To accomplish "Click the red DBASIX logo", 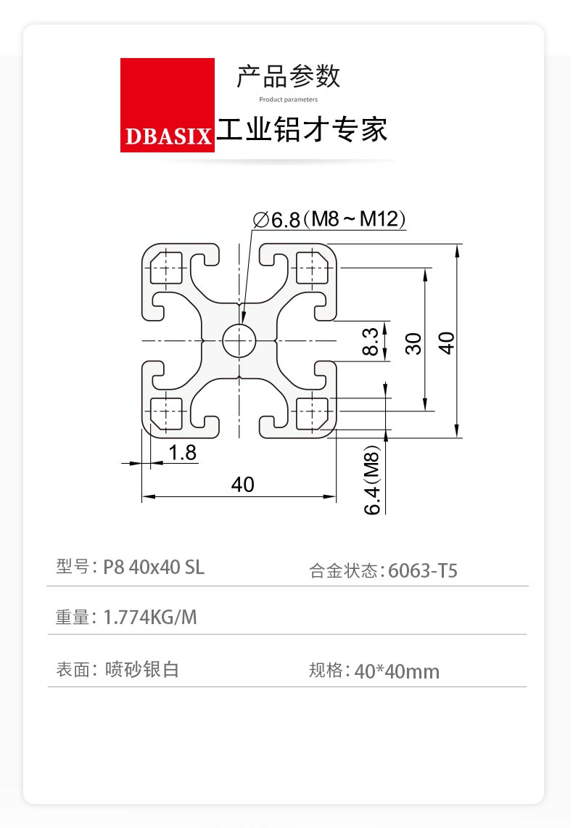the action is point(168,105).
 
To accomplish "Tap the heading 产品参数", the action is point(289,77).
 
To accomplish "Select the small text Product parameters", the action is point(289,99).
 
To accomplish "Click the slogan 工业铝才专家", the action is point(302,130).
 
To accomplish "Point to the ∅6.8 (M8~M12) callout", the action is point(329,218).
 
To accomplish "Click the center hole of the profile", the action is point(239,340).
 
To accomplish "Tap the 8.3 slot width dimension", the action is point(371,341).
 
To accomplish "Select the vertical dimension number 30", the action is point(413,343).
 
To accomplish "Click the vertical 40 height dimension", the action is point(446,343).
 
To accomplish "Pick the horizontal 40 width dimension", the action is point(243,484).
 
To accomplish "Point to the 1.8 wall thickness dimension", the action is point(182,453).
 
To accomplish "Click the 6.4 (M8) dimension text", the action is point(372,480).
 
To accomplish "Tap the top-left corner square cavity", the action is point(166,268).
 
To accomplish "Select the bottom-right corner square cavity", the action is point(313,414).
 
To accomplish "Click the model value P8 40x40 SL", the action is point(154,567).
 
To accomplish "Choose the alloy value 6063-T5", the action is point(423,571).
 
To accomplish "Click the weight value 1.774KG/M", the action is point(150,617).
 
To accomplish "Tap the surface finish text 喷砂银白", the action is point(142,669).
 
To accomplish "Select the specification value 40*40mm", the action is point(397,672).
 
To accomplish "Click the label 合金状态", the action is point(343,571).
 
